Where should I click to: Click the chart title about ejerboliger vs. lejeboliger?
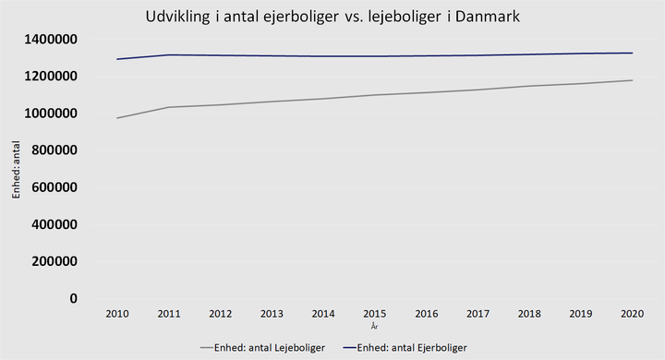click(332, 17)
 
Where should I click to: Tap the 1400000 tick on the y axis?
click(51, 40)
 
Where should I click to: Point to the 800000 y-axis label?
click(54, 150)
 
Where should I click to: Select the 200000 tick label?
click(54, 261)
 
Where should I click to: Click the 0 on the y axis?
click(74, 298)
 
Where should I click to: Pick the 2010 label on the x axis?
click(117, 314)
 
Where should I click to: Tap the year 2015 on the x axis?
click(374, 314)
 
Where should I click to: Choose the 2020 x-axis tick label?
click(632, 314)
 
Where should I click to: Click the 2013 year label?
click(272, 314)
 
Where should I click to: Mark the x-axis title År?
click(374, 326)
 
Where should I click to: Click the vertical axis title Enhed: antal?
click(16, 170)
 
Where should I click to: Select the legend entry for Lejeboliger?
click(262, 348)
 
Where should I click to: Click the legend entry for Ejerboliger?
click(405, 348)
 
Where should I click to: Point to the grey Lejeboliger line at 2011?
click(169, 107)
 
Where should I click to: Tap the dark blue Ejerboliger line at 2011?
click(169, 54)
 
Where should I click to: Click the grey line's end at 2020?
click(632, 80)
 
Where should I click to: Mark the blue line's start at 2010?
click(117, 59)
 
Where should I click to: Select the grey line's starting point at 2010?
click(117, 118)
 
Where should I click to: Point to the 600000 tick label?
click(54, 187)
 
